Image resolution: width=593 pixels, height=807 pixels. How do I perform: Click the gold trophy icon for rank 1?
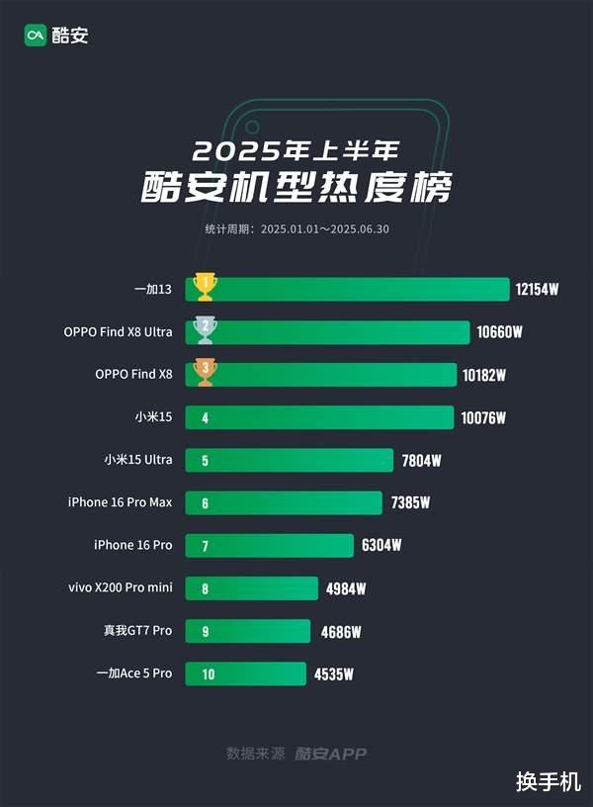click(206, 287)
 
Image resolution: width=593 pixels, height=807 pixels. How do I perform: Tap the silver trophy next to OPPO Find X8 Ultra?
click(206, 329)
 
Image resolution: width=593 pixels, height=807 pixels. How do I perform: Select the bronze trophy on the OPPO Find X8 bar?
click(206, 372)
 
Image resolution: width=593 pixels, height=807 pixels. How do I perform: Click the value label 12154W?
click(537, 290)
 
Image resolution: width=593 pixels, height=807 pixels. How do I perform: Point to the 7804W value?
click(421, 460)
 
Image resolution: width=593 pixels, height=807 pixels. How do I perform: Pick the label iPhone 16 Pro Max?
click(120, 502)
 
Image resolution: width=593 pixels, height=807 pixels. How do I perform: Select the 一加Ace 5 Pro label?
click(134, 673)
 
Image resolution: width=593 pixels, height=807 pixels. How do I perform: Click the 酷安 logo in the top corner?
click(56, 36)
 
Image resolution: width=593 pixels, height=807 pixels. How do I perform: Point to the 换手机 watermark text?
click(548, 781)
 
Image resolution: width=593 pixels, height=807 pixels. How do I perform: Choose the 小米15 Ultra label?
click(138, 460)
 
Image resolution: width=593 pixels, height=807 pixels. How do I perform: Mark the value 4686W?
click(342, 631)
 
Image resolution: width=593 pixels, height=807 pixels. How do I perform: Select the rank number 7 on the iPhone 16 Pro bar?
click(205, 546)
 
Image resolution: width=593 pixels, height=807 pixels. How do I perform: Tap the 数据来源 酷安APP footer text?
click(296, 754)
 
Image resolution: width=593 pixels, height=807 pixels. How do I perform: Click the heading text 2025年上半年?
click(296, 150)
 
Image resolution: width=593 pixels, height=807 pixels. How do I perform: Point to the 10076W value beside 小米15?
click(483, 418)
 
